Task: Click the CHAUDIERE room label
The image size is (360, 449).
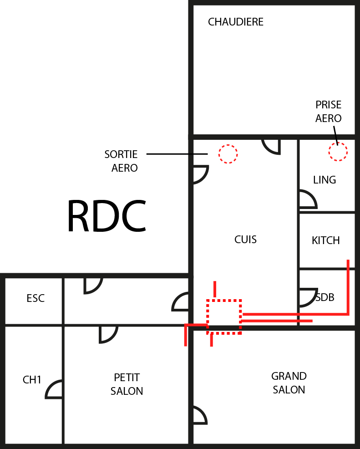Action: (235, 22)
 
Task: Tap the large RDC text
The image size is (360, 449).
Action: (106, 217)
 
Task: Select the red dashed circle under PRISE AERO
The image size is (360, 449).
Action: (338, 152)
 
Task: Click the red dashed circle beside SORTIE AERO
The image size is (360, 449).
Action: (228, 154)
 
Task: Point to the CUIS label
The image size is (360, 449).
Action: (245, 239)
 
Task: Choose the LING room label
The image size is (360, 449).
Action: (325, 180)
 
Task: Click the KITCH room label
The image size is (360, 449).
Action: (326, 240)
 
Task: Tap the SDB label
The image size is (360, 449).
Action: (325, 297)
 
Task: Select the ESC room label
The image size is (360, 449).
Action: (35, 298)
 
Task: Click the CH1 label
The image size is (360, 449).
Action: (32, 380)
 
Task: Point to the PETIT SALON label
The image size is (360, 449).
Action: (127, 384)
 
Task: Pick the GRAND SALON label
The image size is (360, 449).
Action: (289, 383)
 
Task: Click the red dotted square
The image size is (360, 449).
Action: (223, 317)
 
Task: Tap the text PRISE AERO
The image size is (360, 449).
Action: (328, 112)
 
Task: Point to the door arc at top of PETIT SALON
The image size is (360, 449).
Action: (108, 334)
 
